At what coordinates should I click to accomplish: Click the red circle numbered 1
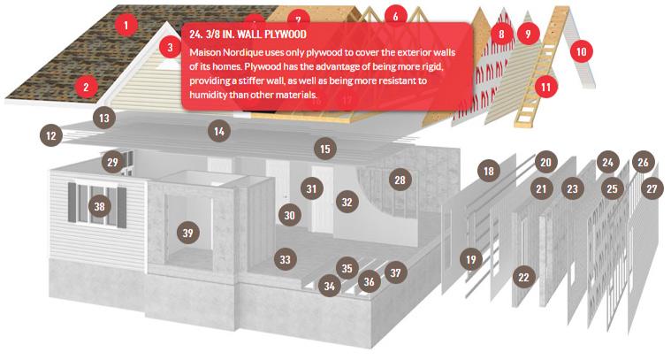tap(126, 26)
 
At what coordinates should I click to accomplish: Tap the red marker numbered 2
tap(86, 87)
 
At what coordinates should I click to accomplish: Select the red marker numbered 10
tap(581, 51)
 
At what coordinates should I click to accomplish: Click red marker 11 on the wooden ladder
tap(545, 87)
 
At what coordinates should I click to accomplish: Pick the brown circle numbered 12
tap(51, 135)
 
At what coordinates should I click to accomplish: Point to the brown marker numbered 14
tap(219, 131)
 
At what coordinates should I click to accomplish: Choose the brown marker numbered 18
tap(489, 172)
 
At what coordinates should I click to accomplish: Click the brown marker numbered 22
tap(523, 278)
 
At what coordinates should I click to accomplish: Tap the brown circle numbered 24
tap(607, 162)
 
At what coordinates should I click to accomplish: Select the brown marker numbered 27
tap(652, 188)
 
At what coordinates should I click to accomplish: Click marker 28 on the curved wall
tap(400, 180)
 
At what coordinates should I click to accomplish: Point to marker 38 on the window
tap(99, 206)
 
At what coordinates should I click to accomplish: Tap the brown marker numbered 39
tap(188, 233)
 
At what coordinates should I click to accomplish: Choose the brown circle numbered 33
tap(285, 259)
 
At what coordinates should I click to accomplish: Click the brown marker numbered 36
tap(369, 281)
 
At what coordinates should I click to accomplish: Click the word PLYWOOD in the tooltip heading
tap(286, 34)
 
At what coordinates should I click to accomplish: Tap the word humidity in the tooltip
tap(208, 94)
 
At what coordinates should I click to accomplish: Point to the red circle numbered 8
tap(501, 34)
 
